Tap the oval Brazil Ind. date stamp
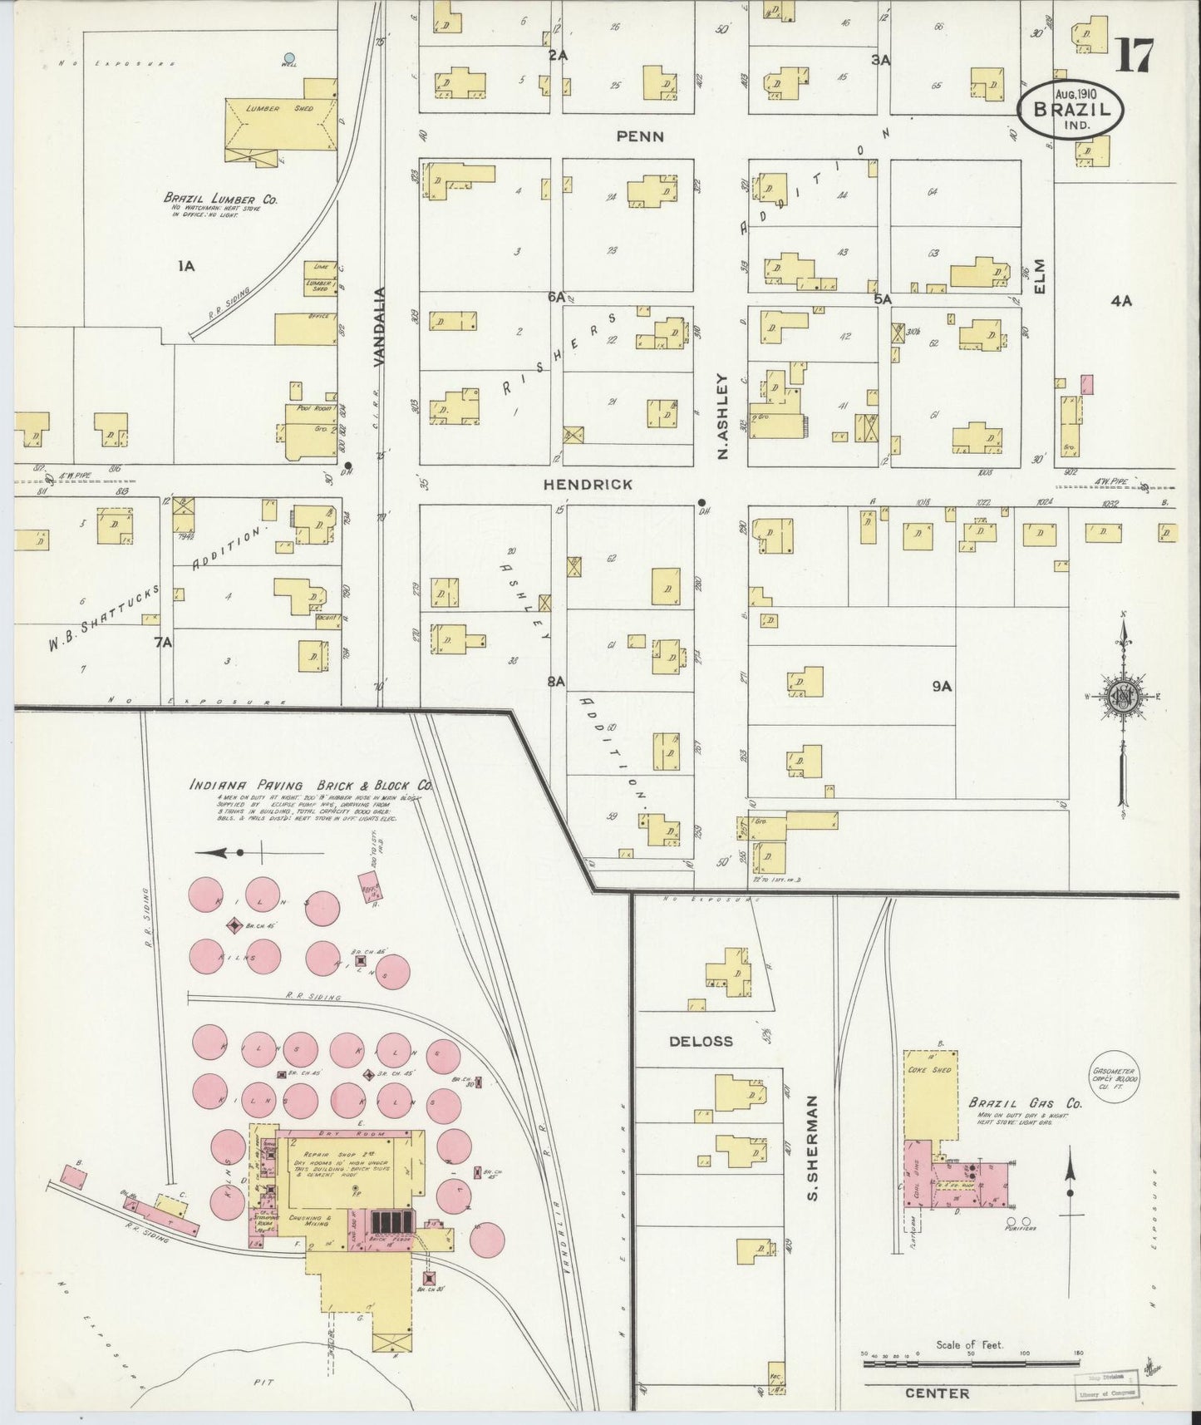coord(1071,107)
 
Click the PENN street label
coord(640,136)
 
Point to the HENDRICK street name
coord(588,484)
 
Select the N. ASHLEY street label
coord(722,416)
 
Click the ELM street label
coord(1039,275)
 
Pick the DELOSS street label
coord(702,1040)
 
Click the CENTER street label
coord(937,1393)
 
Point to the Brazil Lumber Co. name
coord(220,200)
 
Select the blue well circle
coord(289,59)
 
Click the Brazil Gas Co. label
coord(1025,1104)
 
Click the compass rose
coord(1123,698)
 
